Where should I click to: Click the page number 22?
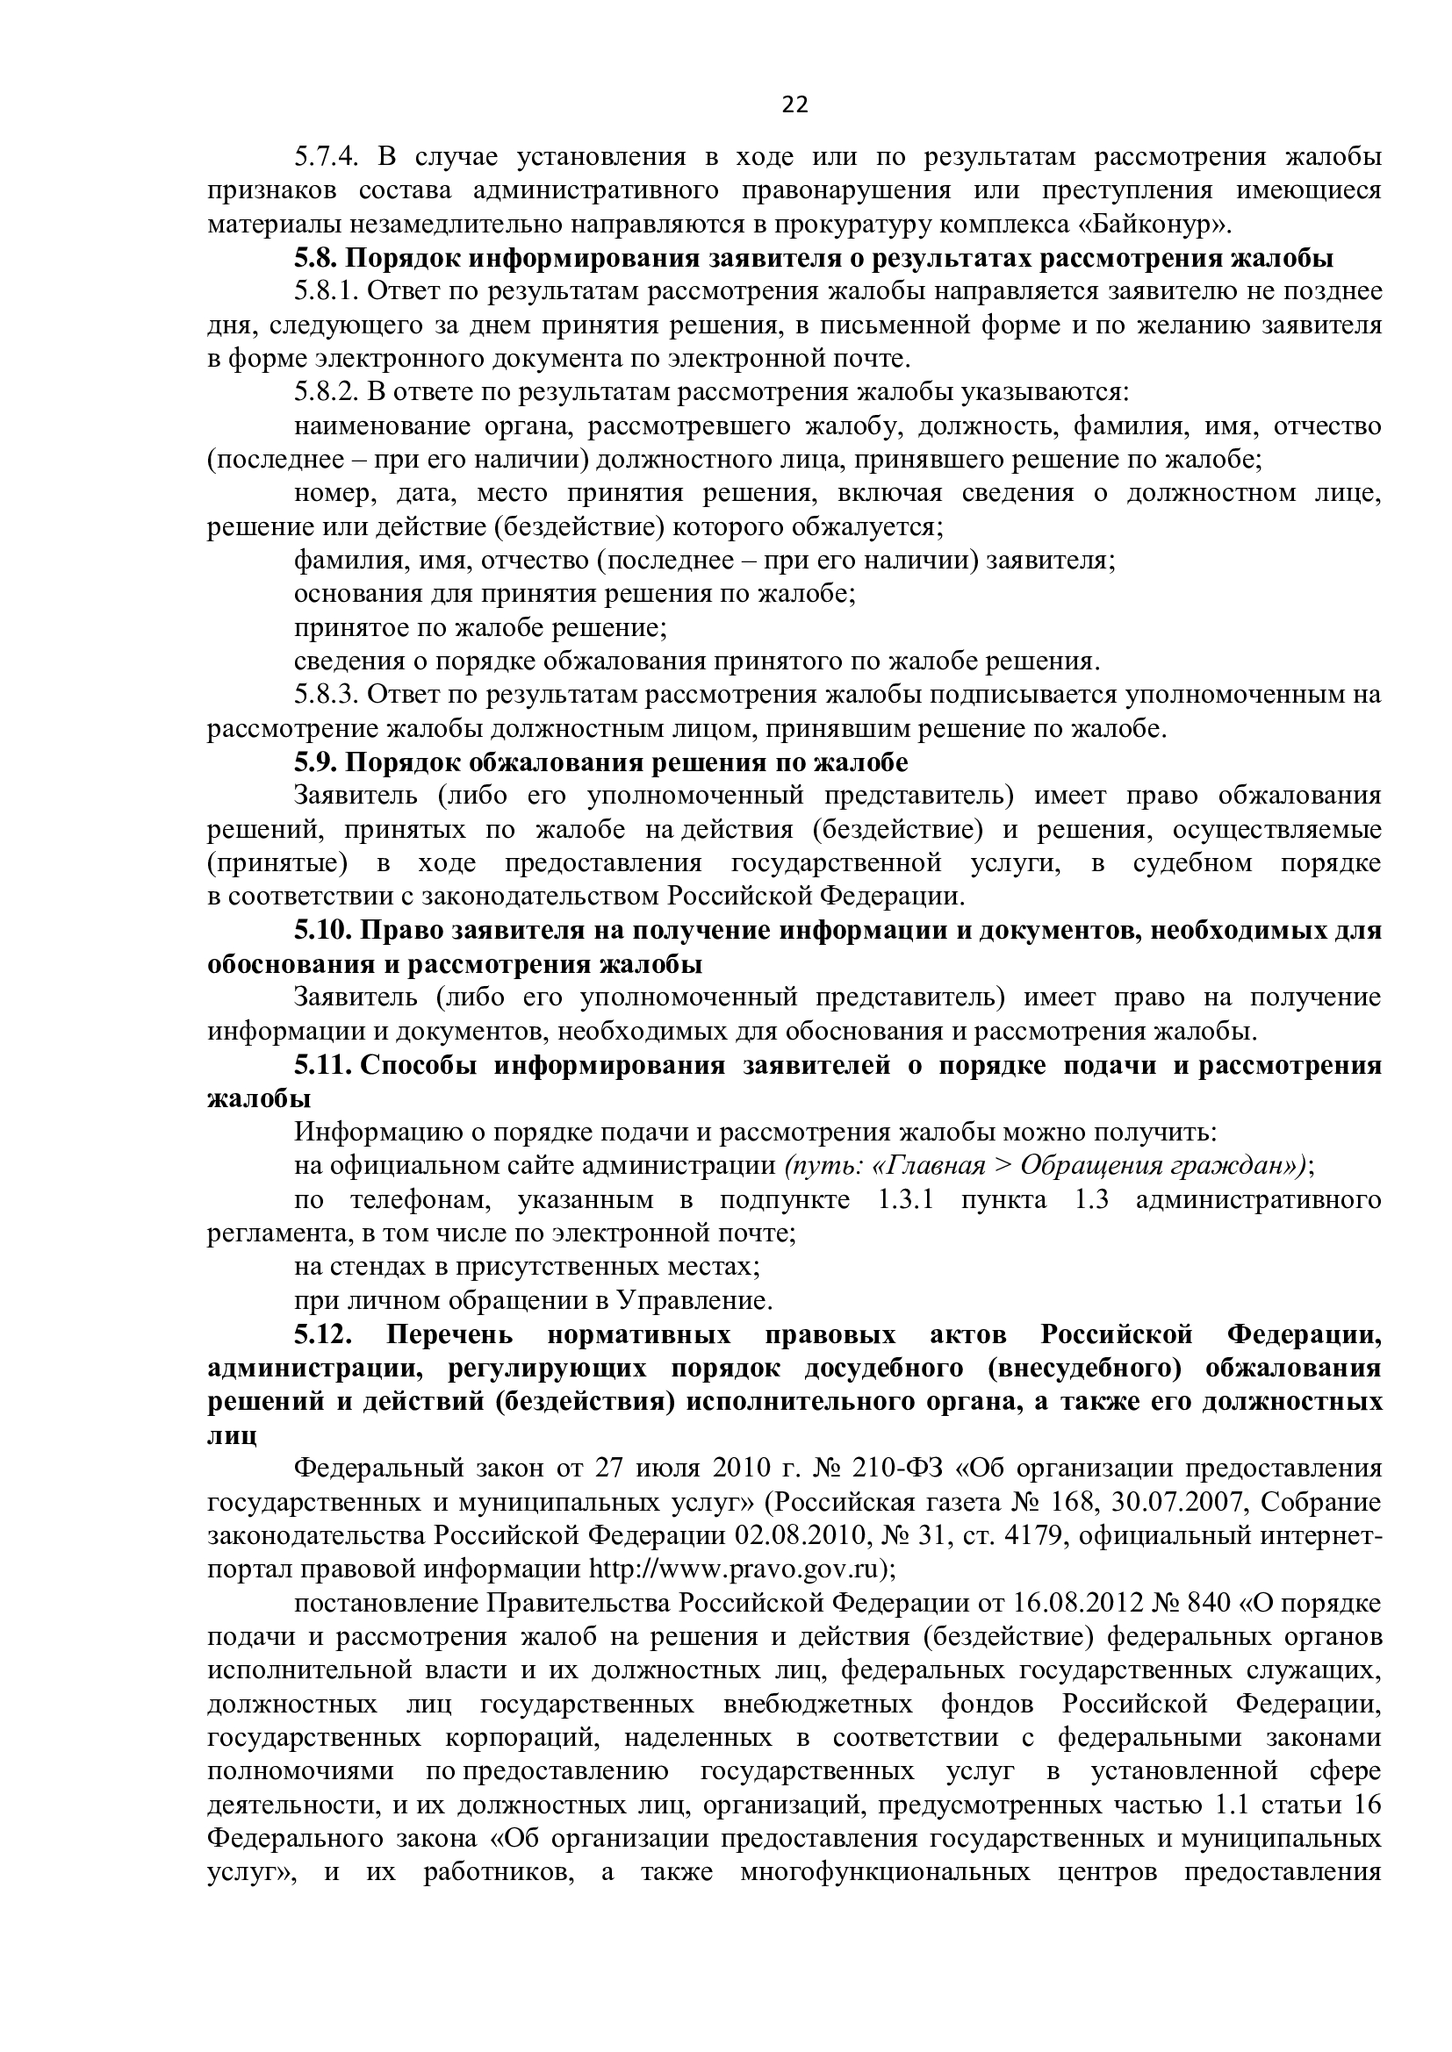tap(794, 105)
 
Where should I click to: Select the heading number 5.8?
tap(316, 258)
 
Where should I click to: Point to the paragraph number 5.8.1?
tap(327, 291)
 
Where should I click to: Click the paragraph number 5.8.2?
tap(327, 392)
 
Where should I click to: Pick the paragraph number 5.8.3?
tap(327, 695)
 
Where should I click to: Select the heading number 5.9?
tap(316, 762)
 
